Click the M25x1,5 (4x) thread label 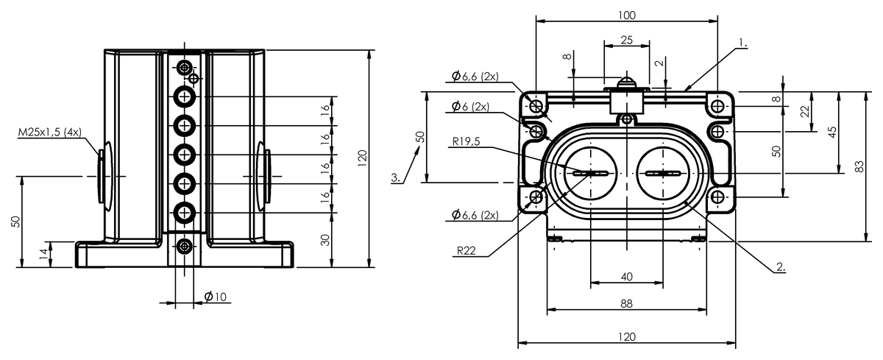[50, 132]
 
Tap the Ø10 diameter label [215, 297]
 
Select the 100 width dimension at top [627, 15]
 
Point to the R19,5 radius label [466, 141]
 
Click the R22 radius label [467, 250]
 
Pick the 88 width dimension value [626, 303]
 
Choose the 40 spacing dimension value [627, 277]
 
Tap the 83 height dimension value [859, 166]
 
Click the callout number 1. [742, 43]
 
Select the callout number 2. [781, 267]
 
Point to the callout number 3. [396, 177]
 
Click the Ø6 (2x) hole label [470, 106]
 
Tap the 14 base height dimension [46, 253]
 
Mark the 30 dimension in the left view [325, 240]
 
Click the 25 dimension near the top [626, 40]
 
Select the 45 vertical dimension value [831, 132]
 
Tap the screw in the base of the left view [184, 247]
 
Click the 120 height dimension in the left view [362, 158]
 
